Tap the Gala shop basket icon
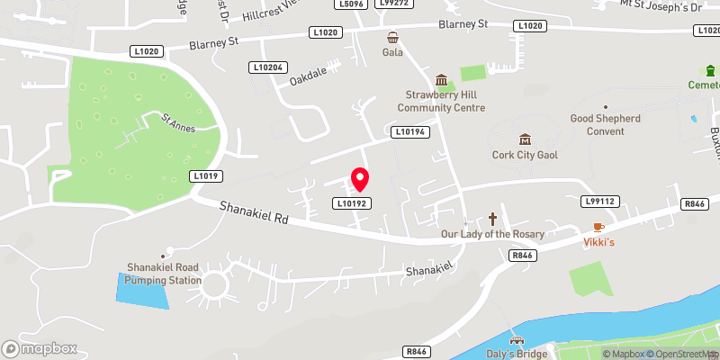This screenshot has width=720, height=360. pyautogui.click(x=393, y=37)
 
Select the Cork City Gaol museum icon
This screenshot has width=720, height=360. pyautogui.click(x=525, y=139)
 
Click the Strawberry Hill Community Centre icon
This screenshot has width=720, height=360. pyautogui.click(x=441, y=81)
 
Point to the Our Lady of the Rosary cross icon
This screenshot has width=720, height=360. pyautogui.click(x=492, y=218)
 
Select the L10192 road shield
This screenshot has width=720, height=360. pyautogui.click(x=351, y=203)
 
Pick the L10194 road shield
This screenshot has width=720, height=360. pyautogui.click(x=409, y=132)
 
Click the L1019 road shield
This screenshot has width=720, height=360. pyautogui.click(x=206, y=175)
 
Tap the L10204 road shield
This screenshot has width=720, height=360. pyautogui.click(x=268, y=67)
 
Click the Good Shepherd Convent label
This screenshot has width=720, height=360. pyautogui.click(x=598, y=124)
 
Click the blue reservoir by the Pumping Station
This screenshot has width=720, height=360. pyautogui.click(x=143, y=290)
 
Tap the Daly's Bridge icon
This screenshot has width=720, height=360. pyautogui.click(x=517, y=341)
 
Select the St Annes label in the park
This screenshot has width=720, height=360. pyautogui.click(x=177, y=123)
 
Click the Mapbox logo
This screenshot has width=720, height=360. pyautogui.click(x=40, y=348)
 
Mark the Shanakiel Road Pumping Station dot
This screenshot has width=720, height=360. pyautogui.click(x=163, y=256)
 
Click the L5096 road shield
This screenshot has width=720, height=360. pyautogui.click(x=351, y=4)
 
